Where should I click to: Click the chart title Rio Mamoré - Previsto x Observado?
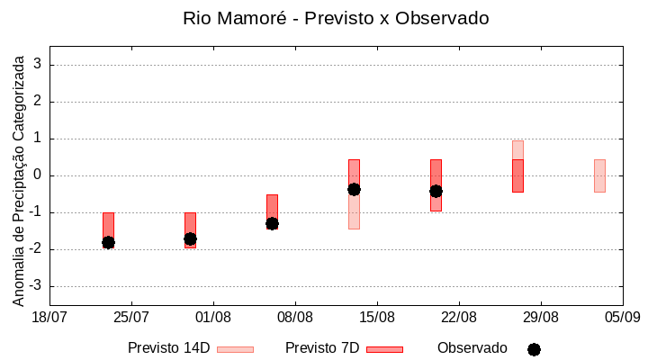point(336,18)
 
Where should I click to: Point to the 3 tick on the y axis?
point(39,65)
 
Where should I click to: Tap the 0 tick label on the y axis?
point(39,175)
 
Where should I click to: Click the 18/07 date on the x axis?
point(49,317)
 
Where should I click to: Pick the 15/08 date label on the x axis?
point(377,317)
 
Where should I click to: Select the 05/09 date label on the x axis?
point(622,317)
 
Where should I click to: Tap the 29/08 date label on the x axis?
point(540,317)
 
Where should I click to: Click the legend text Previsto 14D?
point(168,348)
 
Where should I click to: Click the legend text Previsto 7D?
point(322,348)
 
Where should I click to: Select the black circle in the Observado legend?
point(534,349)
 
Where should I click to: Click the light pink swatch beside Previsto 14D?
point(235,349)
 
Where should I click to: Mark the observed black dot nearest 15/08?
point(354,189)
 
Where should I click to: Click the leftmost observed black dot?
point(108,242)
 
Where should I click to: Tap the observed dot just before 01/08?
point(190,238)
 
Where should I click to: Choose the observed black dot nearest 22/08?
point(436,191)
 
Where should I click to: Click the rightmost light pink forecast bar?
point(599,175)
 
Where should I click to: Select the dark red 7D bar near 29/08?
point(517,175)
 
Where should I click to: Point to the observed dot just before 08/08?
point(272,223)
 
